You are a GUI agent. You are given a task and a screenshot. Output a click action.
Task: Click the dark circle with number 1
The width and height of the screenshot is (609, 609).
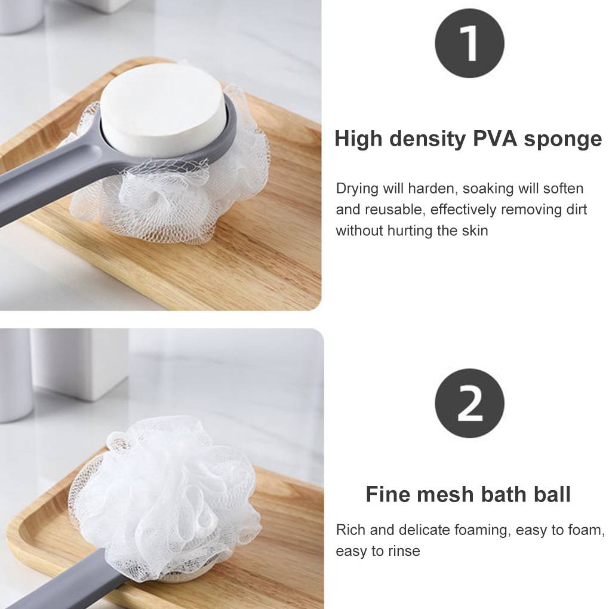tap(469, 43)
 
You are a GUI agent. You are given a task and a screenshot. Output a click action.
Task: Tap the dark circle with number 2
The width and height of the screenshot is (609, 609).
tap(469, 403)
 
